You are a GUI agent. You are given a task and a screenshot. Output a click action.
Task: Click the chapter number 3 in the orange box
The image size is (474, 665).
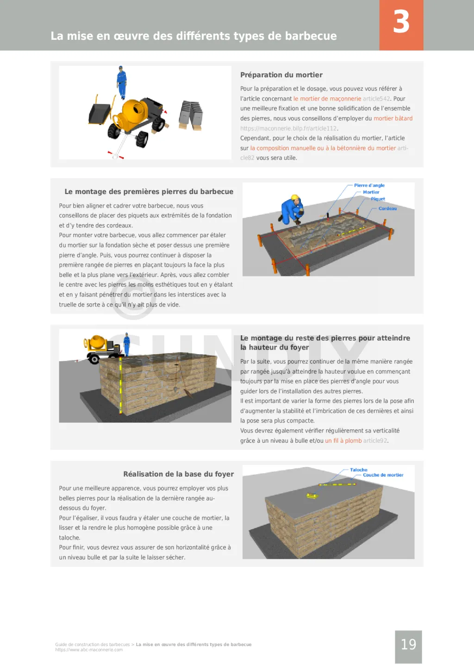point(401,22)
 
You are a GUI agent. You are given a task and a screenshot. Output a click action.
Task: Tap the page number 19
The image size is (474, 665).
point(408,644)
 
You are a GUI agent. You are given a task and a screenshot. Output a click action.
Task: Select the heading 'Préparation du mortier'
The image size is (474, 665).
point(281,75)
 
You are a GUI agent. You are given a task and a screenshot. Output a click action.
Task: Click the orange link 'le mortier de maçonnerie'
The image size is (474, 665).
point(327,99)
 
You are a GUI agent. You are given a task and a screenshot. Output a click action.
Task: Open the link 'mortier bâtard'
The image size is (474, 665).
point(393,119)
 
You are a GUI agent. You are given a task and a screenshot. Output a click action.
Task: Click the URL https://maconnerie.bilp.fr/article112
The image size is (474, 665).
point(288,128)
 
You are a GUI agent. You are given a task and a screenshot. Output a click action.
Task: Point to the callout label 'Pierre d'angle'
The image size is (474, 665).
point(369,185)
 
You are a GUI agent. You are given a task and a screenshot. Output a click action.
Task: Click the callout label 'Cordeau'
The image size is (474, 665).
point(387,208)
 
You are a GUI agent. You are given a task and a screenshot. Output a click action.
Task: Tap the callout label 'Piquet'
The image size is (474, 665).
point(378,199)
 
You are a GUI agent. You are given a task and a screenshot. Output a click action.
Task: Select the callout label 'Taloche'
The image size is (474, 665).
point(358,470)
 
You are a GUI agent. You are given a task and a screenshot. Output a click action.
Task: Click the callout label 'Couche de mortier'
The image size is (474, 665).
point(383,475)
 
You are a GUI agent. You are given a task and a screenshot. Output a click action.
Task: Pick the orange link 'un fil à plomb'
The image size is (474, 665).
point(343,441)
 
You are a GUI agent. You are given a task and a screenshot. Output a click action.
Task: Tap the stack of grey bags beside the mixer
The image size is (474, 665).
point(191,114)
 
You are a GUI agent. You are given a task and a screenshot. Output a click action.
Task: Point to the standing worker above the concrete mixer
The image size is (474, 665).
point(122,82)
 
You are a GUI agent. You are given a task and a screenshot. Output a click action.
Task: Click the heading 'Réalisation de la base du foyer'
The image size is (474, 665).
point(178,474)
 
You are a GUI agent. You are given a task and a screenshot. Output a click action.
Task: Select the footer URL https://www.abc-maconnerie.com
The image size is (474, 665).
point(89,650)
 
